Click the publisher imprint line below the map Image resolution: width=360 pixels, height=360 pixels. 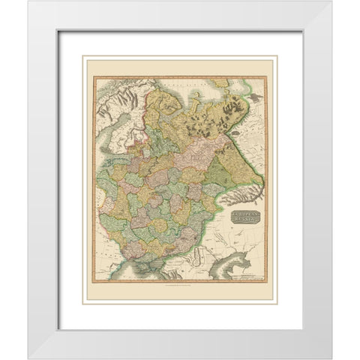(x=180, y=288)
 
